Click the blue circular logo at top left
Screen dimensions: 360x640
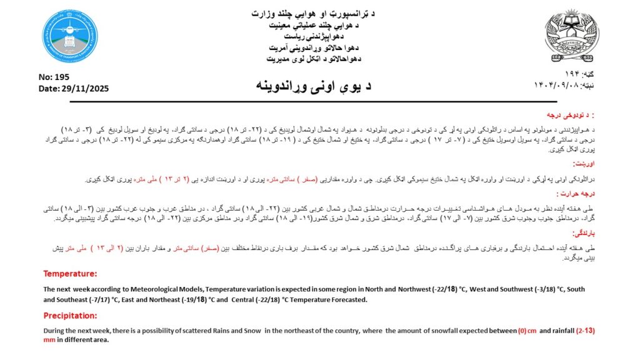[x=69, y=36]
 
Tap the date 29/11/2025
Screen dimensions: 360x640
[x=84, y=89]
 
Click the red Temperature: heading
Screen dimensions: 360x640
[x=70, y=274]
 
